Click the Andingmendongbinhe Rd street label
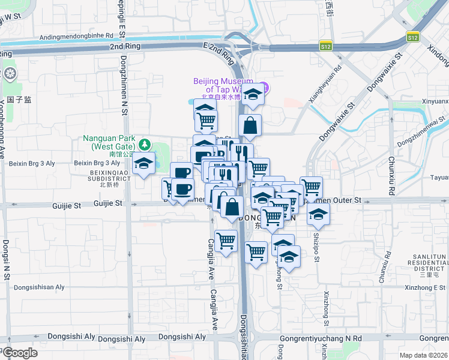point(76,37)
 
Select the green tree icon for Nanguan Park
point(145,144)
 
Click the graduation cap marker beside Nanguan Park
point(144,163)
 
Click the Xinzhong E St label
point(422,287)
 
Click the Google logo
point(20,353)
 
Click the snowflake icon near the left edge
point(10,74)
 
